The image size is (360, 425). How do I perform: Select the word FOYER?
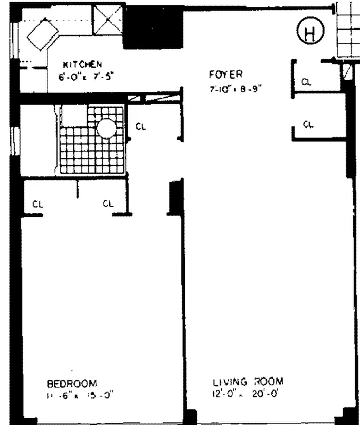226,74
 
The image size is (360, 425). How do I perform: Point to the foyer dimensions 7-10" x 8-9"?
235,89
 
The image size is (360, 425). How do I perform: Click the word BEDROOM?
72,383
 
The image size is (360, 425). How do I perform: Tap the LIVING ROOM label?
248,381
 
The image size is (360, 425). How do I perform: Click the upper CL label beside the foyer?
306,82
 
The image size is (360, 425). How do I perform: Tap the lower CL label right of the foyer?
308,124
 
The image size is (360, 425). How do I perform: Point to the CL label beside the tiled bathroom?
140,126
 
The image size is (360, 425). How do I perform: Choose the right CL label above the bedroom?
108,203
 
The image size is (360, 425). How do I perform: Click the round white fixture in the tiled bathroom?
107,128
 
